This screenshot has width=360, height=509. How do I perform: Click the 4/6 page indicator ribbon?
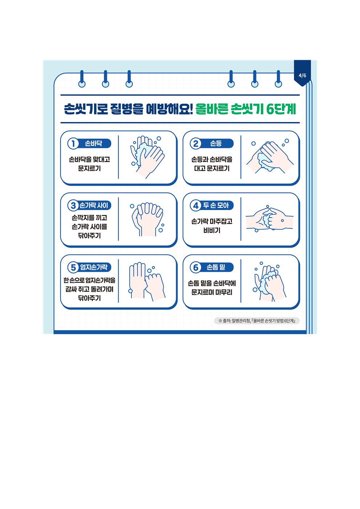click(302, 73)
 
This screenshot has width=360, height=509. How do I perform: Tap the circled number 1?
click(73, 144)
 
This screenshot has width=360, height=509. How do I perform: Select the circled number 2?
click(196, 144)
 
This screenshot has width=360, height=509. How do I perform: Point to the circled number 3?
click(73, 205)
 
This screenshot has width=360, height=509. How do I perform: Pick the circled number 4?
click(196, 205)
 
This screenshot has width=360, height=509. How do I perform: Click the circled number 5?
click(73, 267)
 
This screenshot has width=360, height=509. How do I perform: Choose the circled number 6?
click(196, 267)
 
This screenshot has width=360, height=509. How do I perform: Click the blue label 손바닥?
click(94, 144)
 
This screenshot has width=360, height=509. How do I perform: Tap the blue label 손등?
click(216, 144)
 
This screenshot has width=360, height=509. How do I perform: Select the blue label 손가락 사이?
click(94, 205)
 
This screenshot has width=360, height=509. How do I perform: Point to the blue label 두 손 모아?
click(216, 205)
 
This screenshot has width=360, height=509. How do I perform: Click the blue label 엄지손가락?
click(94, 267)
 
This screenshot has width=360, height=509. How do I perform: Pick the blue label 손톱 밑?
click(216, 267)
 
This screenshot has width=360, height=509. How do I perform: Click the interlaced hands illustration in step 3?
click(148, 219)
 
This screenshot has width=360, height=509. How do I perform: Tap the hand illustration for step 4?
click(270, 219)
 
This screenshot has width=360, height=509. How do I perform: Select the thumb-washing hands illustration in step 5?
click(147, 282)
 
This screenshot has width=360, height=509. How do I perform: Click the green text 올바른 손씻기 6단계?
click(246, 109)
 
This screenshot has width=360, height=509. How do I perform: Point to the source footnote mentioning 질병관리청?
click(257, 321)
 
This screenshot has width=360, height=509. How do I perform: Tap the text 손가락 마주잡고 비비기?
click(212, 226)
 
